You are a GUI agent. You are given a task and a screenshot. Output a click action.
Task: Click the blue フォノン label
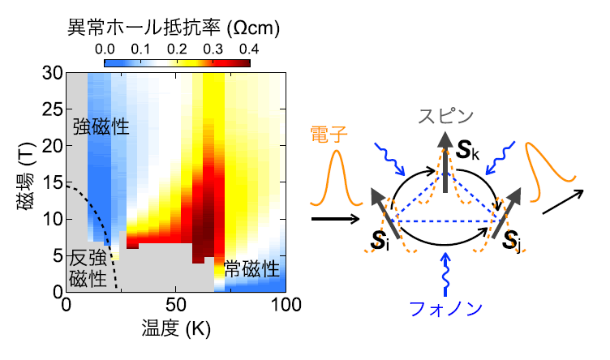[445, 308]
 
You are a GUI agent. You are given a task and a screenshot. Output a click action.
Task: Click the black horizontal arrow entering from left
[334, 218]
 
